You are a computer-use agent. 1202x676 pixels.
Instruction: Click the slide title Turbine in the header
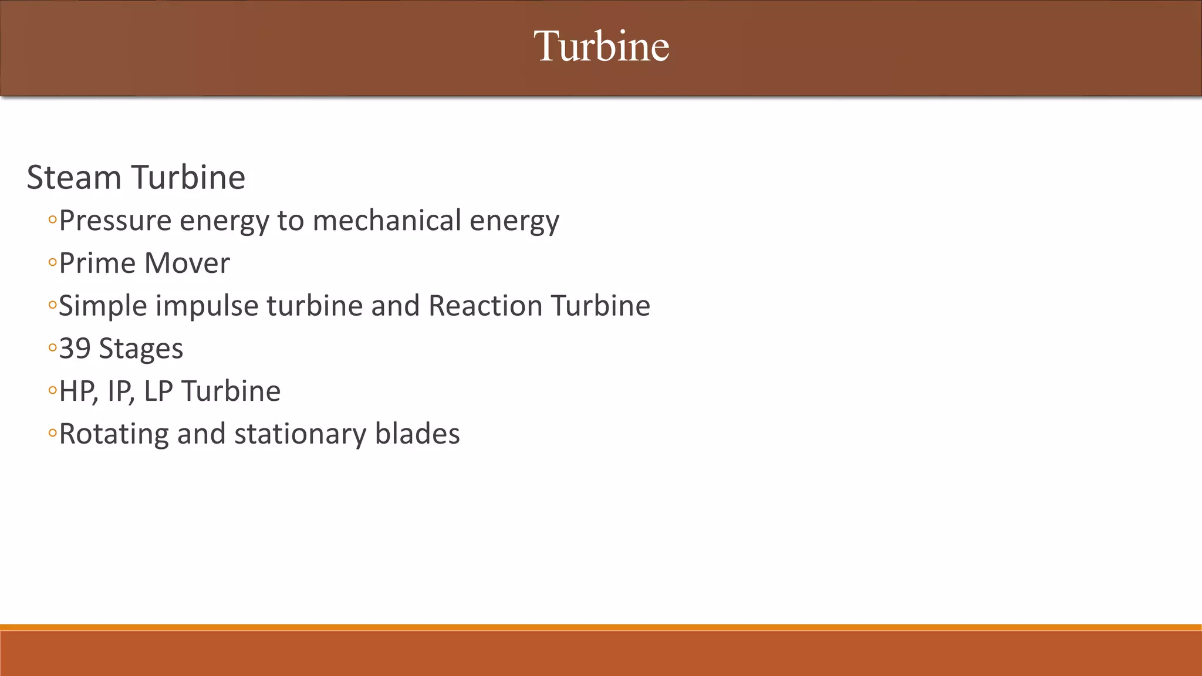click(x=601, y=46)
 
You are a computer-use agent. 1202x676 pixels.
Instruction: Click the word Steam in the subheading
click(x=74, y=177)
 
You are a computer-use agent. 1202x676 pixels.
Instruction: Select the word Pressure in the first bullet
click(x=116, y=221)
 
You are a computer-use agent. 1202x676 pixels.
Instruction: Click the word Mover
click(x=187, y=263)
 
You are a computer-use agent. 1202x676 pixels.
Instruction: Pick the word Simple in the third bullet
click(x=103, y=306)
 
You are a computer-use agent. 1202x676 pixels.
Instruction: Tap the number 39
click(x=75, y=349)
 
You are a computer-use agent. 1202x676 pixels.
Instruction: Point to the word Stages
click(x=141, y=349)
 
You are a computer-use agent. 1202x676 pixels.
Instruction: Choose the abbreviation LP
click(x=158, y=391)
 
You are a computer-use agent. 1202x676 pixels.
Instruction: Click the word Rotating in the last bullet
click(x=114, y=434)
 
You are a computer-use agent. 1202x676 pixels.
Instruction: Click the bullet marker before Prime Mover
click(x=52, y=263)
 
